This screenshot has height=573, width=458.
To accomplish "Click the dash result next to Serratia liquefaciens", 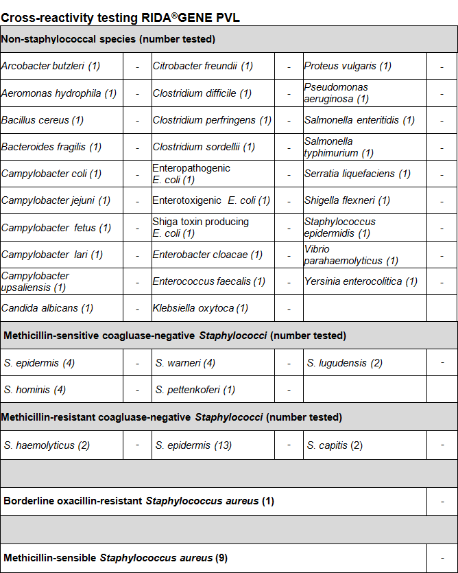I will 442,174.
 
